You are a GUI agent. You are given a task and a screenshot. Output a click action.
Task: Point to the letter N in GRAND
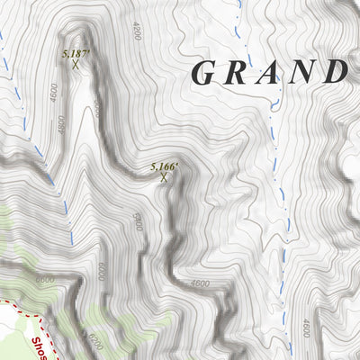tap(300, 72)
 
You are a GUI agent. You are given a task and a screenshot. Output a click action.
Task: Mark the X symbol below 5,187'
tap(76, 65)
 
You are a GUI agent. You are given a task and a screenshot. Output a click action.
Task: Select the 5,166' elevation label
tap(165, 166)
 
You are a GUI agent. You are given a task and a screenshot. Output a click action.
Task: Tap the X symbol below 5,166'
tap(163, 178)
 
